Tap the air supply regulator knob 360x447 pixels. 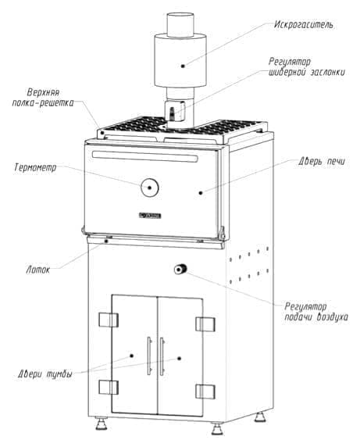pos(182,270)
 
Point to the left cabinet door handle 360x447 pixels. pos(148,356)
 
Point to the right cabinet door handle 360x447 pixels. pos(164,356)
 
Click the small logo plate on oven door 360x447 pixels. pos(148,215)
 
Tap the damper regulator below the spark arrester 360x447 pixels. pos(176,111)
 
